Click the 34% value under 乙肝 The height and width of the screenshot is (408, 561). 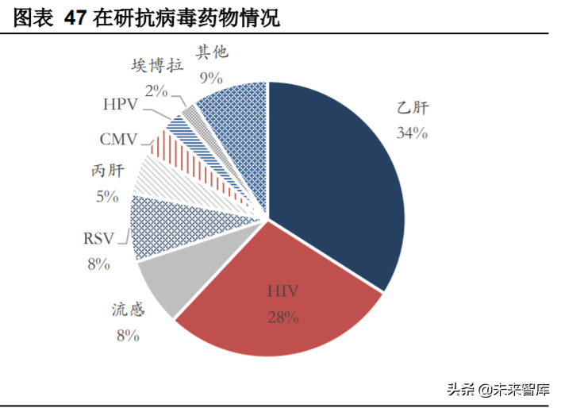coord(413,133)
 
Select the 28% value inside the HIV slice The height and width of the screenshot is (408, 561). coord(282,318)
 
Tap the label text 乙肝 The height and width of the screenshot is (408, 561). coord(413,109)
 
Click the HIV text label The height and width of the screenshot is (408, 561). coord(282,293)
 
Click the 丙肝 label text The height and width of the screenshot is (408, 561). coord(107,171)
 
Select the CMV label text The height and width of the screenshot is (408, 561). coord(119,140)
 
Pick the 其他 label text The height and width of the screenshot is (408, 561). coord(211,52)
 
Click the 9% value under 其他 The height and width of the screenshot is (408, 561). coord(211,77)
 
